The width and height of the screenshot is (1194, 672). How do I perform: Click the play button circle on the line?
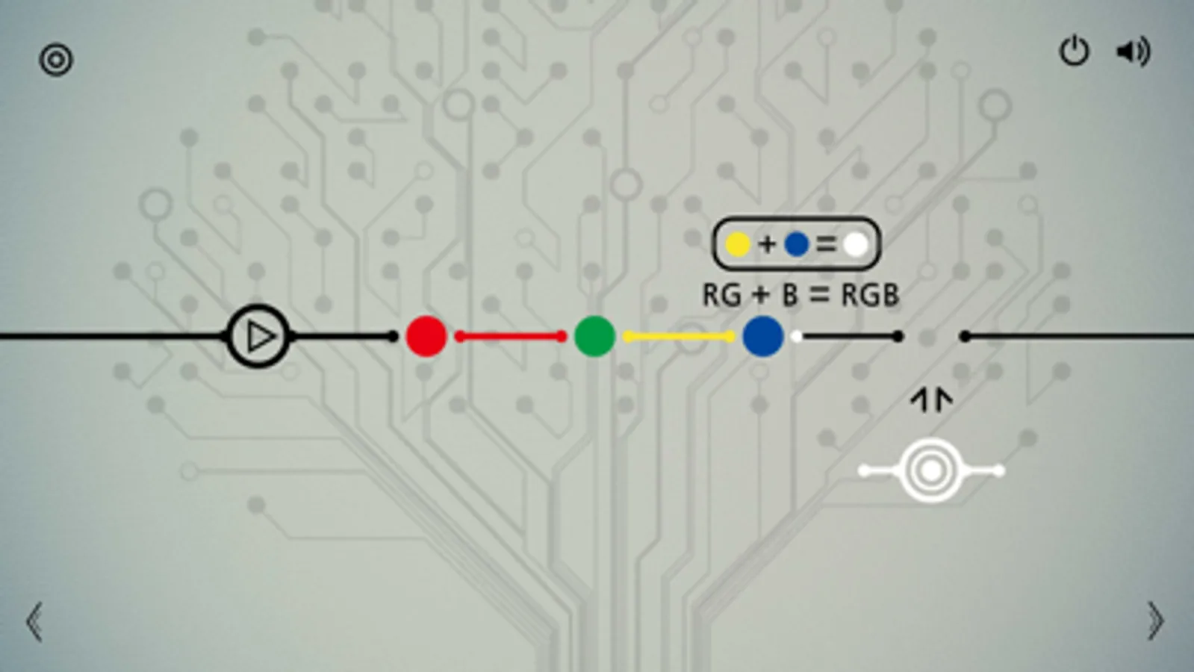[x=258, y=336]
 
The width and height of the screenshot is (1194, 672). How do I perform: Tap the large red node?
[x=426, y=336]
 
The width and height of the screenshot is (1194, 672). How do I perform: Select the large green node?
[x=595, y=336]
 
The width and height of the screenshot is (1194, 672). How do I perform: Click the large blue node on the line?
[x=763, y=336]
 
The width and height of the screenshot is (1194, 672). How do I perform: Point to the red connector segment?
[x=511, y=336]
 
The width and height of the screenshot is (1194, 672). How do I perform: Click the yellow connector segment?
[x=679, y=336]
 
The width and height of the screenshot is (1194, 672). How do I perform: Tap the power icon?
[x=1074, y=52]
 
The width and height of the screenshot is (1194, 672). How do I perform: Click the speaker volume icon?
[x=1134, y=52]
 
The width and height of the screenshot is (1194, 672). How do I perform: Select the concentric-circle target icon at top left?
[x=56, y=60]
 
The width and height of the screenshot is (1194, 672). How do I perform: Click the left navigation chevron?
[x=34, y=621]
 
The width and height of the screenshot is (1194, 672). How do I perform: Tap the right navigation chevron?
[x=1156, y=620]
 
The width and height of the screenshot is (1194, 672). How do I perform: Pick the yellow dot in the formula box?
[x=739, y=245]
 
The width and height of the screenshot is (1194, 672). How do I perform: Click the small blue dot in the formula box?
[x=797, y=245]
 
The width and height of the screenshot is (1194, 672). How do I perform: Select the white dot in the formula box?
[x=856, y=245]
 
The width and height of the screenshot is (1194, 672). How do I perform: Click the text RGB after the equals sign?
[x=870, y=295]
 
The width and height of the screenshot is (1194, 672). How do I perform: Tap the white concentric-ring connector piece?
[x=931, y=470]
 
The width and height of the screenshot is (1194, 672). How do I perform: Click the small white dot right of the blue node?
[x=797, y=336]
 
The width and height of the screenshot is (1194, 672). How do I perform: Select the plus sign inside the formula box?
[x=768, y=245]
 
